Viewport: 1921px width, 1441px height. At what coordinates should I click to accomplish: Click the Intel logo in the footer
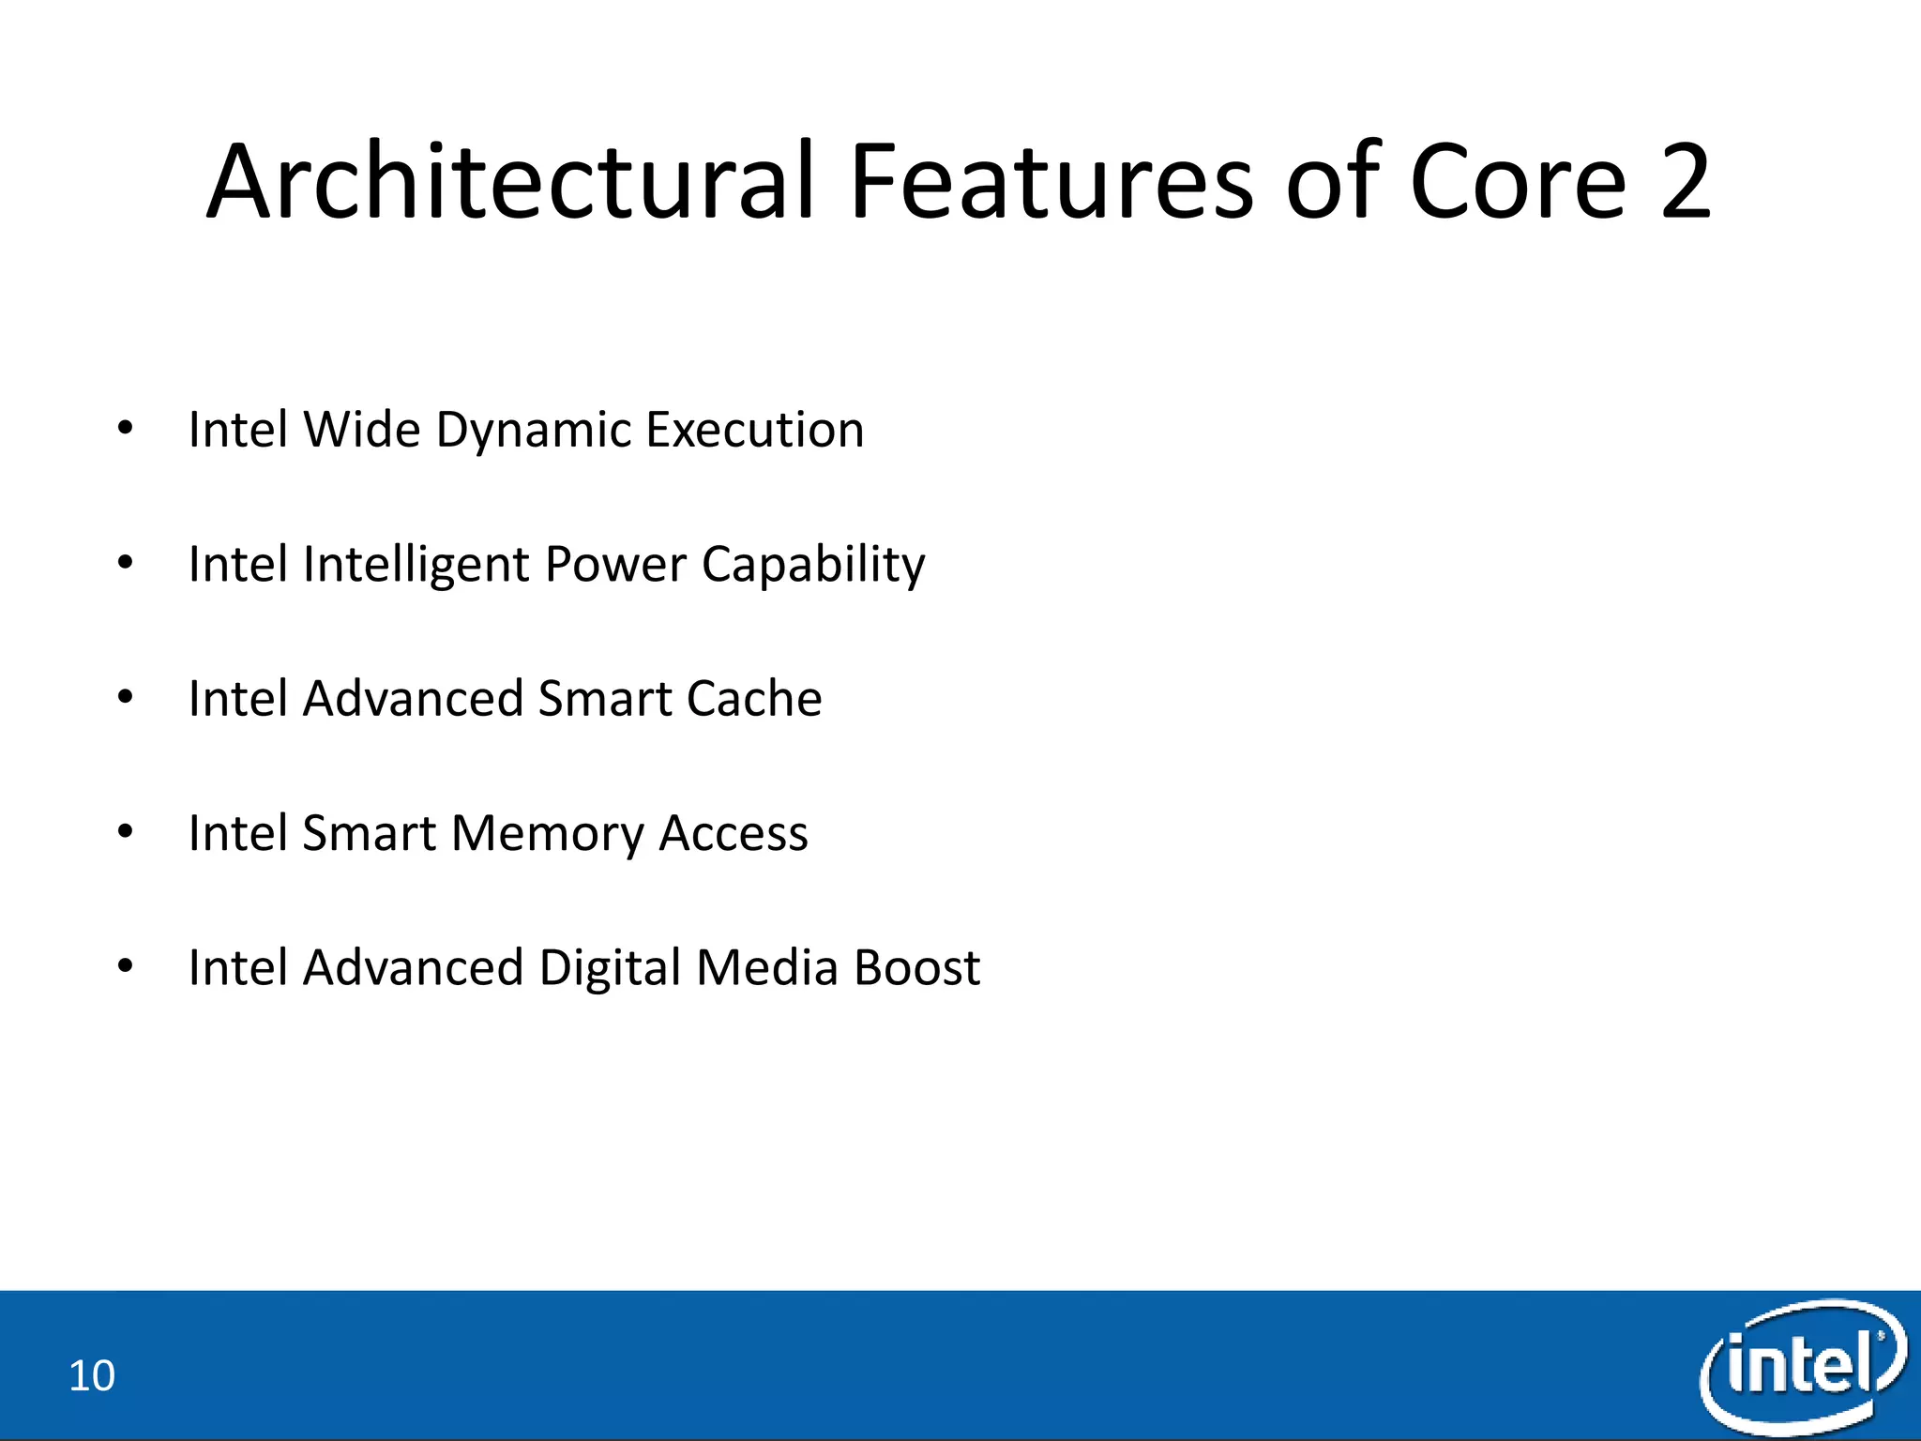(x=1801, y=1365)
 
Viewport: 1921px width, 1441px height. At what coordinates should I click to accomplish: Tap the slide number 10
(x=92, y=1376)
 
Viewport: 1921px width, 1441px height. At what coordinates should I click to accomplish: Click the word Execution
(x=754, y=431)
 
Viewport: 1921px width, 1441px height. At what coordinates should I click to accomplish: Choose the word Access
(x=733, y=834)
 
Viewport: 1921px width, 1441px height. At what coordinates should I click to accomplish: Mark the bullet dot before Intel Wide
(x=126, y=430)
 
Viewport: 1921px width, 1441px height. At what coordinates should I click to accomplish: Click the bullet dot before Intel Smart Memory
(x=126, y=832)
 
